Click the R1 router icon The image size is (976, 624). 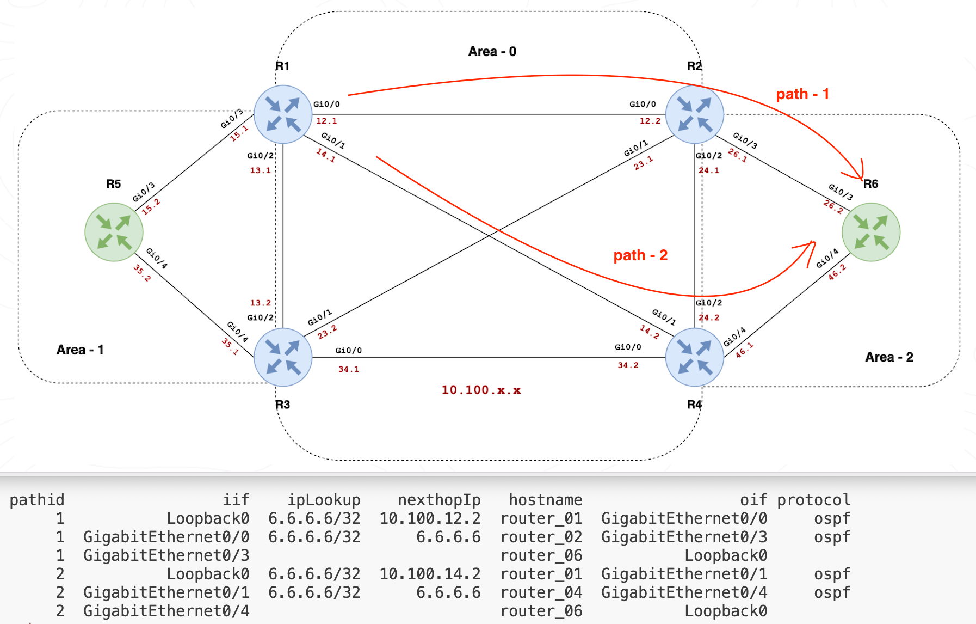click(x=283, y=114)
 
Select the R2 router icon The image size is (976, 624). click(x=695, y=114)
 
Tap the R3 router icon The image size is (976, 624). click(x=283, y=357)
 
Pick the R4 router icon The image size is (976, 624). click(x=695, y=357)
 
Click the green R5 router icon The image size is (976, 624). click(x=114, y=232)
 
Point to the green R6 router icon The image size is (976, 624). click(x=871, y=232)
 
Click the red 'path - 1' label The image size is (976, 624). click(x=802, y=94)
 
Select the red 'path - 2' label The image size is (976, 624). click(x=640, y=255)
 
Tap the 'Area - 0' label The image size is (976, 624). click(x=492, y=52)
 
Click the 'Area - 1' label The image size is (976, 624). click(x=80, y=350)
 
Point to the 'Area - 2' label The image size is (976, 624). click(x=889, y=357)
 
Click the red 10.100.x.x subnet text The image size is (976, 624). click(x=481, y=390)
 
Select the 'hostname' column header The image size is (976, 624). click(x=545, y=500)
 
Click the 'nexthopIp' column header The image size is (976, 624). click(x=439, y=500)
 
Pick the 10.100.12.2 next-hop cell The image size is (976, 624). click(x=430, y=518)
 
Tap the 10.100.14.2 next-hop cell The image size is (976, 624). click(x=430, y=574)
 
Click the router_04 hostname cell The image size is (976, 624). click(x=541, y=592)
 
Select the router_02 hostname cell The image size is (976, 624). click(x=541, y=537)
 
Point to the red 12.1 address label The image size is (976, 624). click(x=326, y=121)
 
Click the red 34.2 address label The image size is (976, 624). click(x=628, y=365)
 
